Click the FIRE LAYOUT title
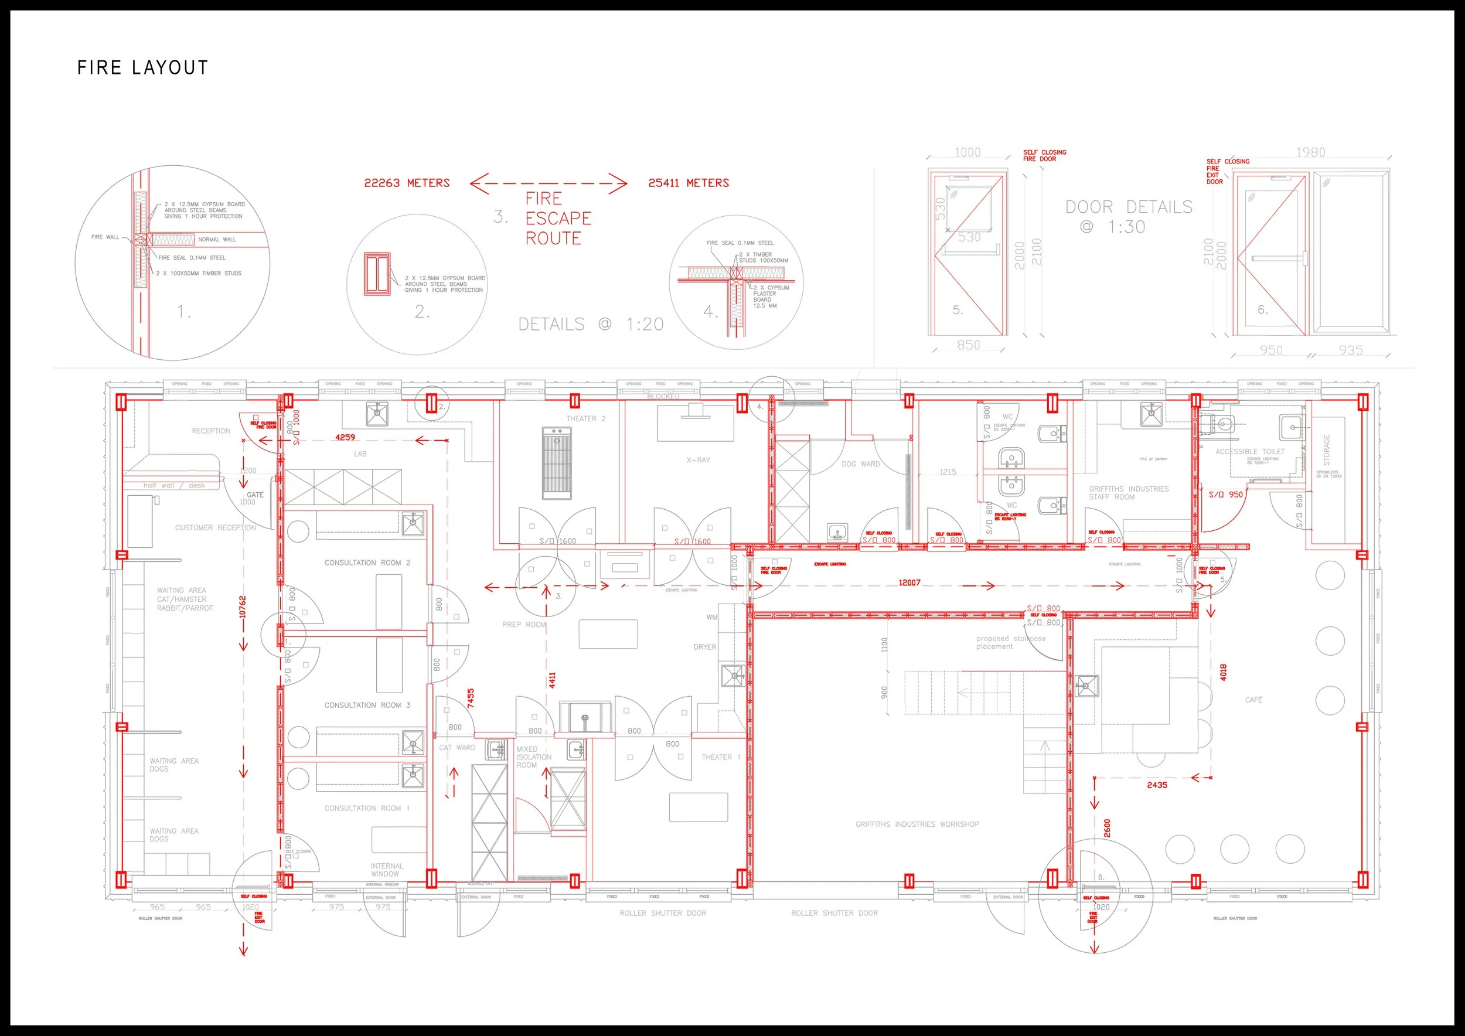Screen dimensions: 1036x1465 142,67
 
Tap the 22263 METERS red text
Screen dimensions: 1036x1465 407,183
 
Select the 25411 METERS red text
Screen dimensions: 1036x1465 689,183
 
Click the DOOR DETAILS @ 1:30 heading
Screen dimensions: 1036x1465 1128,216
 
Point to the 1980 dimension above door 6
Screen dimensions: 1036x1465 1310,152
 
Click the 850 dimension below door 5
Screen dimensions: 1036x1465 968,345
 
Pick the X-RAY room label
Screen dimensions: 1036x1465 698,460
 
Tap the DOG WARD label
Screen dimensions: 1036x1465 860,464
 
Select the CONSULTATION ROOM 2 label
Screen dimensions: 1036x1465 367,563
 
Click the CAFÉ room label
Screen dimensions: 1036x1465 1253,700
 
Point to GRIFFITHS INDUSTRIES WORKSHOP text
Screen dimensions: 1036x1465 917,824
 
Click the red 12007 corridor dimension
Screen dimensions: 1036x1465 909,582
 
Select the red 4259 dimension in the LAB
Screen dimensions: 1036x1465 345,437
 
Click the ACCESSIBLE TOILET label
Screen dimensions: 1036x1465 1249,451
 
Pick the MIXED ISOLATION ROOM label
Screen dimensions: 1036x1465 533,757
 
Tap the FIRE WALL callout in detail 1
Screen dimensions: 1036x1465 105,237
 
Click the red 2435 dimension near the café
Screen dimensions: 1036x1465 1157,785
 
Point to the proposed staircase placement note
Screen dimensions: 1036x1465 1010,642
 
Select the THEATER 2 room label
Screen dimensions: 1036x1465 586,418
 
